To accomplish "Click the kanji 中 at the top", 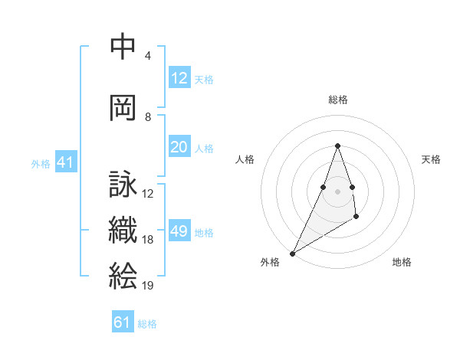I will pos(123,46).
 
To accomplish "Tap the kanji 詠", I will pos(123,185).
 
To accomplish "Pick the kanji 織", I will pos(123,231).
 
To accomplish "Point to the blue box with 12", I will pos(179,78).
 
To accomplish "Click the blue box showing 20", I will pos(179,148).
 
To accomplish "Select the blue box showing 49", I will pos(179,232).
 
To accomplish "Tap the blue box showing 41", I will pos(64,163).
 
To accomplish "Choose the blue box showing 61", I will pos(123,322).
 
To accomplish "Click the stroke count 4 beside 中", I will pos(148,56).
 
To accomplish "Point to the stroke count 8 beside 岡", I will pos(148,117).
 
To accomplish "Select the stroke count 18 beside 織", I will pos(147,240).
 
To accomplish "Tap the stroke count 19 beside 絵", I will pos(147,286).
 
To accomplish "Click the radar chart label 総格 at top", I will pos(337,100).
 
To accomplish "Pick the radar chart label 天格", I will pos(432,159).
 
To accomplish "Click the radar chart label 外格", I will pos(270,262).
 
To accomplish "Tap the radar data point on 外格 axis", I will pos(293,253).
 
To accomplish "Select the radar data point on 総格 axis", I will pos(337,146).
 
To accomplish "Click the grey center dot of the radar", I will pos(337,191).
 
